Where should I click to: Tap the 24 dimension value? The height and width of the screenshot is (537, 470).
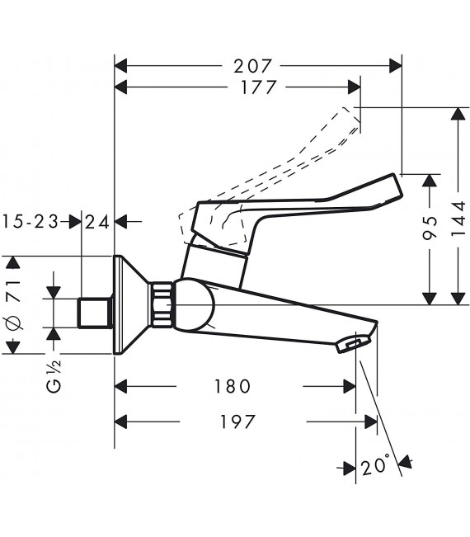(x=97, y=221)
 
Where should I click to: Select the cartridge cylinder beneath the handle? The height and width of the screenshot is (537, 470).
(x=215, y=264)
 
